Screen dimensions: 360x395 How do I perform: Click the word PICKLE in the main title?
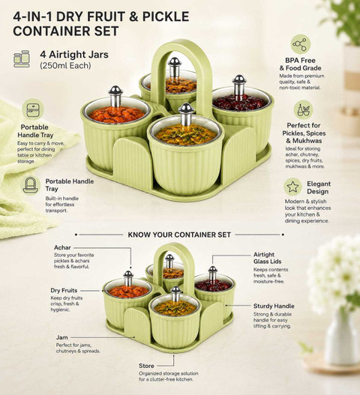click(x=166, y=16)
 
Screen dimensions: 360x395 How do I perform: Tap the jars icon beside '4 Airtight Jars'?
click(x=22, y=59)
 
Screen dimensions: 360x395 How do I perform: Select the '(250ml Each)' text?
click(x=65, y=65)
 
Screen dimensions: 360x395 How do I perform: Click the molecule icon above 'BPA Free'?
click(x=300, y=44)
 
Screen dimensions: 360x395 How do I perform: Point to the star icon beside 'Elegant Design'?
click(x=292, y=187)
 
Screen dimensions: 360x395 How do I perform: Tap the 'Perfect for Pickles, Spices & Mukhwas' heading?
click(x=304, y=133)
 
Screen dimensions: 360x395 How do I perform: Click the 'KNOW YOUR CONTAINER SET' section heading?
click(x=179, y=235)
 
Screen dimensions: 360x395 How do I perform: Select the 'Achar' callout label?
click(x=62, y=247)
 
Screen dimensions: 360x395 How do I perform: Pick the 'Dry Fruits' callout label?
click(x=64, y=291)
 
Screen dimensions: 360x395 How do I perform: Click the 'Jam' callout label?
click(x=62, y=337)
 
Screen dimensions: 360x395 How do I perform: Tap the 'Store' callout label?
click(x=146, y=366)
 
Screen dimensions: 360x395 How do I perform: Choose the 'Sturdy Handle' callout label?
click(x=274, y=306)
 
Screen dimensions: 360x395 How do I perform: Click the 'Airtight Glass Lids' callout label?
click(x=268, y=258)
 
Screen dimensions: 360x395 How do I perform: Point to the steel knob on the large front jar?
click(x=186, y=114)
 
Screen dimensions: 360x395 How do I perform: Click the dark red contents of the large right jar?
click(x=239, y=103)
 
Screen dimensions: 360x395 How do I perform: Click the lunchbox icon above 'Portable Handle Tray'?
click(x=33, y=110)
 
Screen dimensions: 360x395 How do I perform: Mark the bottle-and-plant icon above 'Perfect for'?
click(x=303, y=110)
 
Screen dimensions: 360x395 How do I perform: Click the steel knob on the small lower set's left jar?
click(x=128, y=278)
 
